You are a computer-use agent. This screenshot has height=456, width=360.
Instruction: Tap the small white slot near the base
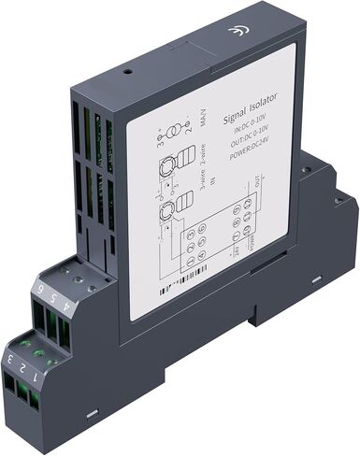coord(93,412)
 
